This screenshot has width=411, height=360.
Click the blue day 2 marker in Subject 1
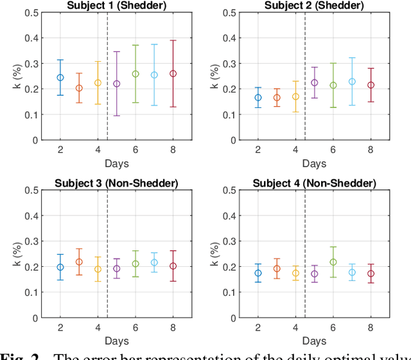[60, 77]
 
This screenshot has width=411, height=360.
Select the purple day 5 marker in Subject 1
[117, 84]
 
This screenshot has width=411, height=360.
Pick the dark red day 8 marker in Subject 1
[173, 74]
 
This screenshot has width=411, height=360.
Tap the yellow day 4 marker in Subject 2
[295, 96]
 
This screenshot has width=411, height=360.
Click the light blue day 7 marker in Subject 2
[352, 82]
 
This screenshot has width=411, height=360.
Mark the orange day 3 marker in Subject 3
[79, 262]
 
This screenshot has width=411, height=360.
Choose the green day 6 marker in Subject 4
[333, 262]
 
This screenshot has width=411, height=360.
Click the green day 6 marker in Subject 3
[136, 264]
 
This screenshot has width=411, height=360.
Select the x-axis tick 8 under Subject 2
[371, 149]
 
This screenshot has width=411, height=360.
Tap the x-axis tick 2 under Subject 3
[60, 327]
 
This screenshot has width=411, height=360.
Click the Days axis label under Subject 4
[313, 341]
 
